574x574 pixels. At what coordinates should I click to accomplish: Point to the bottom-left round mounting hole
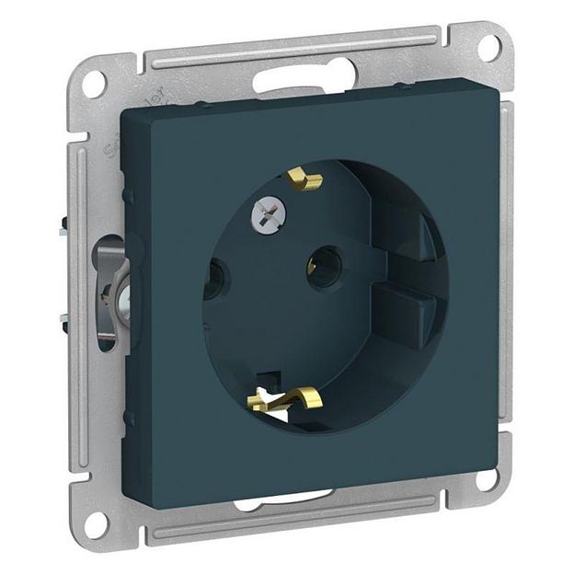pyautogui.click(x=96, y=522)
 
